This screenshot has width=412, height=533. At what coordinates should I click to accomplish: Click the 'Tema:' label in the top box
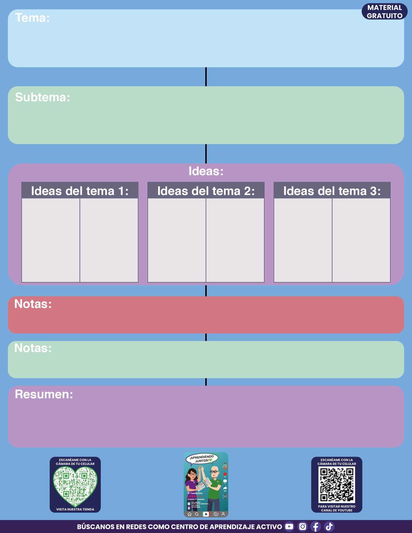[x=32, y=18]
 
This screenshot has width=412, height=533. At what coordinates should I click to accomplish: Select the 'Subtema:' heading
[x=42, y=97]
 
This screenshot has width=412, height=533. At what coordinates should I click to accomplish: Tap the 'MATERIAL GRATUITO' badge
[x=384, y=12]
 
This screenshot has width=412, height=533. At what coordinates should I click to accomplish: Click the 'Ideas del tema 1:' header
[x=80, y=191]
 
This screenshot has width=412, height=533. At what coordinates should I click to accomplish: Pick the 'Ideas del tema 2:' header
[x=206, y=191]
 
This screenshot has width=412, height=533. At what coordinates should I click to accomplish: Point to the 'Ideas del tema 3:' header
[x=332, y=191]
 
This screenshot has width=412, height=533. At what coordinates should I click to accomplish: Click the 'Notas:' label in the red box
[x=33, y=304]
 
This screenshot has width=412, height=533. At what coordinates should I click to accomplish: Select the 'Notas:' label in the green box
[x=33, y=348]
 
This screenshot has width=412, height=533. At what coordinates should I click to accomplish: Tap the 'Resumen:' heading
[x=44, y=394]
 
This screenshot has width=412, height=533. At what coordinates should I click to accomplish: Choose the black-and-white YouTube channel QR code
[x=337, y=485]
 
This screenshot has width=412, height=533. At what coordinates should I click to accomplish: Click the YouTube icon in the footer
[x=289, y=526]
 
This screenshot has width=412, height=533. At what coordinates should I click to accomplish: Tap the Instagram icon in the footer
[x=303, y=526]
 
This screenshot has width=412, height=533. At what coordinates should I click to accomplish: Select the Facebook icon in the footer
[x=316, y=526]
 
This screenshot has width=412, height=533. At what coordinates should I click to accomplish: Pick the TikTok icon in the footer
[x=329, y=526]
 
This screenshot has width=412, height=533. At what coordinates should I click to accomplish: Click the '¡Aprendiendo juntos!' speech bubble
[x=202, y=459]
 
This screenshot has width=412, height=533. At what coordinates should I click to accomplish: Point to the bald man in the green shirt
[x=214, y=487]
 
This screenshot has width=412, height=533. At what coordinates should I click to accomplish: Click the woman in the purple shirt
[x=192, y=485]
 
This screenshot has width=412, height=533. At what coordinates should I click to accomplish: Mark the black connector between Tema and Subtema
[x=206, y=77]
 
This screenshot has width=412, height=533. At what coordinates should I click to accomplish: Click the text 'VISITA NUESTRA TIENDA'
[x=75, y=509]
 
